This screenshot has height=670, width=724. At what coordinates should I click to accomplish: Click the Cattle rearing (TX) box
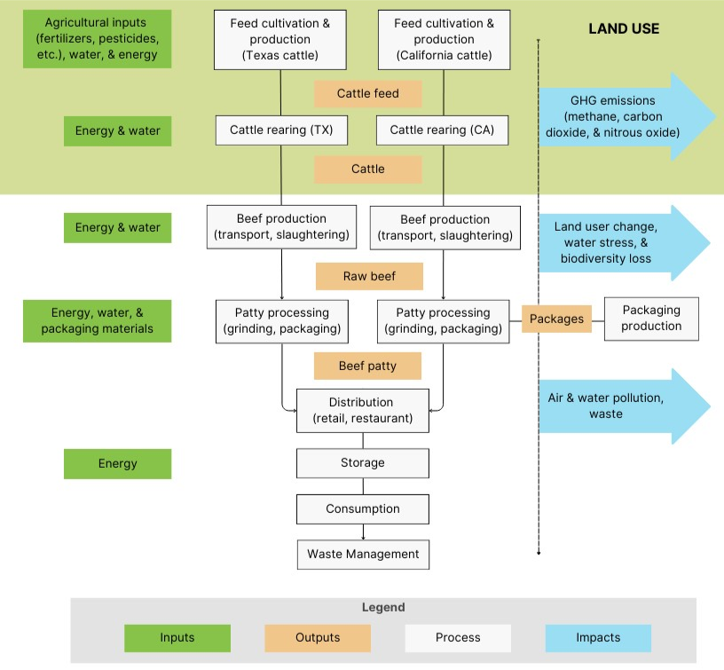[x=280, y=130]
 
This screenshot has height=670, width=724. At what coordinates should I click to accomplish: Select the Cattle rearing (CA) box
[x=441, y=130]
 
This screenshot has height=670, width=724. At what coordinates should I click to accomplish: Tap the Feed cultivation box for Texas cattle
[x=280, y=40]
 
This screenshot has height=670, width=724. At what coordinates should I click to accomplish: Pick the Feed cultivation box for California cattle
[x=444, y=40]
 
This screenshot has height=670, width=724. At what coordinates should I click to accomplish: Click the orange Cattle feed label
[x=368, y=94]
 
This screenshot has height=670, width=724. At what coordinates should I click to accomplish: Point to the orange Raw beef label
[x=369, y=276]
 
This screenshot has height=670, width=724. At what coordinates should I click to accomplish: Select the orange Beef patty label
[x=367, y=366]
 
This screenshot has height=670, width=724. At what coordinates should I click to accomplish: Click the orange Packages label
[x=556, y=319]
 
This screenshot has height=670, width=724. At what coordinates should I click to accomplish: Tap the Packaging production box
[x=651, y=319]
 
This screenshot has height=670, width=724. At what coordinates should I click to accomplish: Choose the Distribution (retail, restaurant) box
[x=363, y=410]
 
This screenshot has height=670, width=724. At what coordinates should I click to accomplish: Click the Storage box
[x=363, y=463]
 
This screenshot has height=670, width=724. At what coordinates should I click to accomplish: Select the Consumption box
[x=363, y=509]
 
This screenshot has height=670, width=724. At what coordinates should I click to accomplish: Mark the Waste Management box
[x=363, y=555]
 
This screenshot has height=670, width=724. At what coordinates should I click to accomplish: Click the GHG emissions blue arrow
[x=621, y=117]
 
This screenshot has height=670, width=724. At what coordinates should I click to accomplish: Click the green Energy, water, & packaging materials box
[x=97, y=320]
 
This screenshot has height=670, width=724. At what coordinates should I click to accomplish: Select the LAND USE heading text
[x=624, y=29]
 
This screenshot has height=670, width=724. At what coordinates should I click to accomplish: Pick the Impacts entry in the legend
[x=598, y=638]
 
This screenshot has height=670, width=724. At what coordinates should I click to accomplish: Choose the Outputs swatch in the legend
[x=318, y=638]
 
